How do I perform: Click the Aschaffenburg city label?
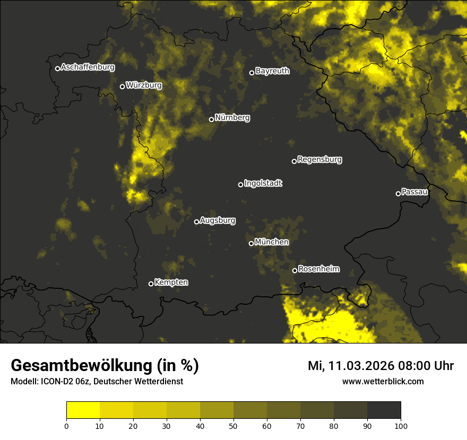(x=88, y=67)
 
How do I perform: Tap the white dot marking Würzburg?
(x=122, y=86)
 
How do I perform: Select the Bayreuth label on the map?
(x=272, y=71)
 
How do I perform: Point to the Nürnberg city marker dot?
(x=211, y=119)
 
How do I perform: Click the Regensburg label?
(x=319, y=160)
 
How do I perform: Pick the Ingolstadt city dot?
(x=240, y=184)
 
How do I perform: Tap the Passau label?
(x=414, y=192)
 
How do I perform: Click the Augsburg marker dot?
(x=196, y=222)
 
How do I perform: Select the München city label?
(x=272, y=242)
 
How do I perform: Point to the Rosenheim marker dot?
(x=295, y=271)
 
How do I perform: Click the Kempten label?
(x=171, y=283)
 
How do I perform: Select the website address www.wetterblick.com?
(x=383, y=381)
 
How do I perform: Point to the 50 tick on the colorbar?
(x=233, y=425)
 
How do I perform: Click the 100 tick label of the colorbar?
(x=401, y=425)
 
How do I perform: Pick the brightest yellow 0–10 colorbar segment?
(x=83, y=410)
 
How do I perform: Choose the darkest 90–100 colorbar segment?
(x=384, y=410)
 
